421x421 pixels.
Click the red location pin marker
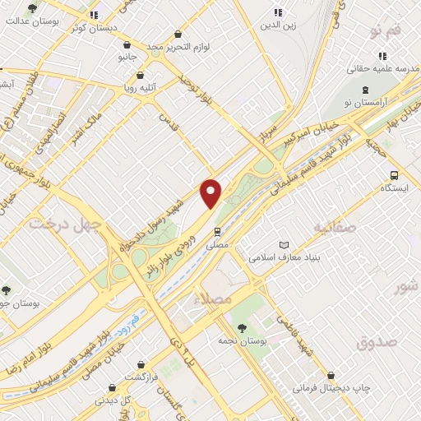(211, 192)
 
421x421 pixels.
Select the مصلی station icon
(218, 232)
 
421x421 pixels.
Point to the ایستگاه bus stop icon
(394, 175)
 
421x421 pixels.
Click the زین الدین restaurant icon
(277, 12)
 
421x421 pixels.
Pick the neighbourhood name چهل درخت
(65, 223)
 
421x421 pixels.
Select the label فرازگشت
(142, 377)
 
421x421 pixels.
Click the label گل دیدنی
(113, 400)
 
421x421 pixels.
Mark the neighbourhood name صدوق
(378, 341)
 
